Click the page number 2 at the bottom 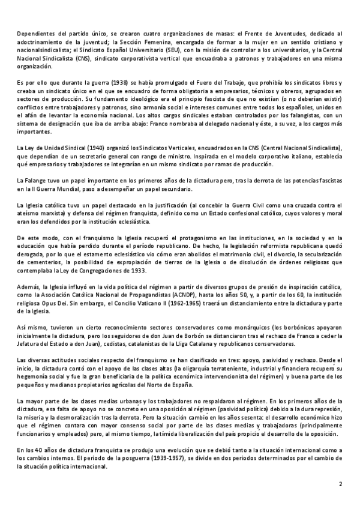click(340, 484)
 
